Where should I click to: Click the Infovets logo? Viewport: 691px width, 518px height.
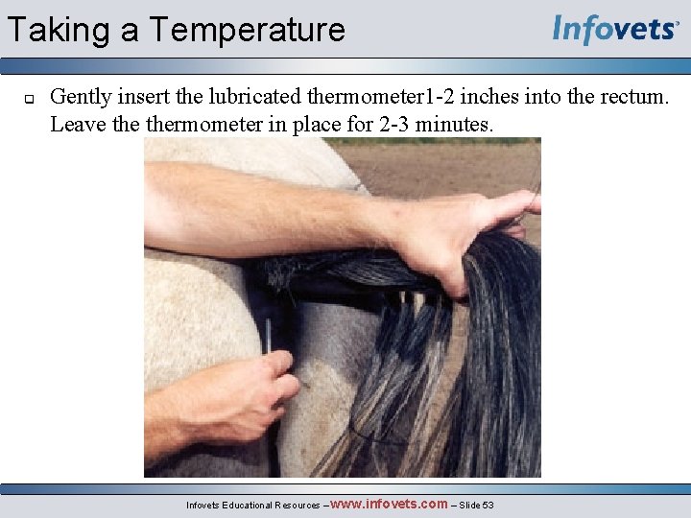click(x=615, y=30)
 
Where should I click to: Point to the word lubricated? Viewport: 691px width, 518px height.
click(x=256, y=96)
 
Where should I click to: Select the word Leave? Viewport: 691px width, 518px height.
click(x=74, y=124)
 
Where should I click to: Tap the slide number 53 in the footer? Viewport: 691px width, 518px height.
click(x=488, y=505)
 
